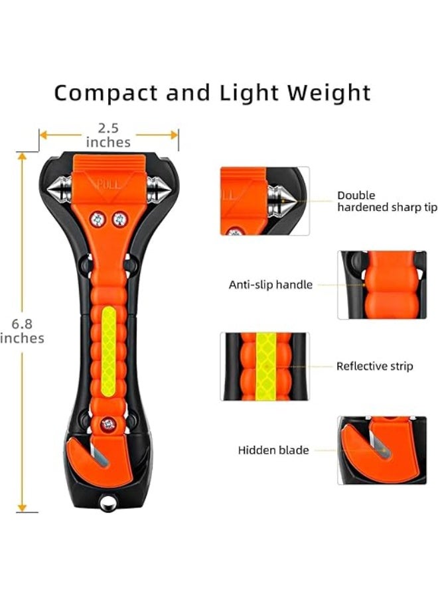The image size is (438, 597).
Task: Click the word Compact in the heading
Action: [x=106, y=94]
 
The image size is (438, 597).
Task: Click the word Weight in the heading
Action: [x=328, y=92]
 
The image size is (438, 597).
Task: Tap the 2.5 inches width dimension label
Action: [x=108, y=135]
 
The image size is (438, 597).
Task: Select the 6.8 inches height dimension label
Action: [x=22, y=331]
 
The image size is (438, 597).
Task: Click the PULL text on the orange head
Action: [x=109, y=186]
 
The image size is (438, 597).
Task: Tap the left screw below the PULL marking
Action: [x=98, y=220]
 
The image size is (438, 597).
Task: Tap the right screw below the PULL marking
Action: [x=120, y=220]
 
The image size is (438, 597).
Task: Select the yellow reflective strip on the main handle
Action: [x=109, y=351]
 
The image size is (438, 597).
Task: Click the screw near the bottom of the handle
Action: [x=109, y=424]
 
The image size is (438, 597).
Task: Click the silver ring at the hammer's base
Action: [x=108, y=503]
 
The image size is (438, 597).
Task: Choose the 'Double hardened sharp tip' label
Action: [x=388, y=201]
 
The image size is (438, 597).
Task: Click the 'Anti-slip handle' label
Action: [x=270, y=285]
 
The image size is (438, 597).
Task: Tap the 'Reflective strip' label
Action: [x=374, y=366]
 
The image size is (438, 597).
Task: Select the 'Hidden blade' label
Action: [x=273, y=450]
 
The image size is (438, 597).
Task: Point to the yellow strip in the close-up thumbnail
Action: [x=266, y=367]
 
